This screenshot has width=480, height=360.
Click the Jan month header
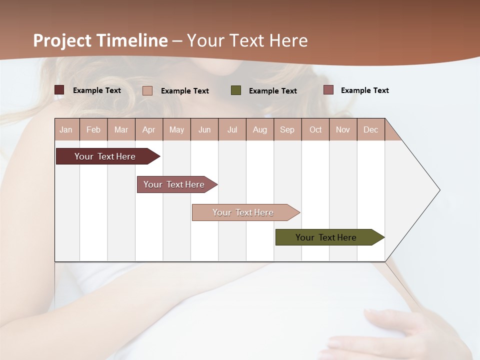66,129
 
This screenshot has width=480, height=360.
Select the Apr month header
148,129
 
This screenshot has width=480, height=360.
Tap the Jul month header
232,129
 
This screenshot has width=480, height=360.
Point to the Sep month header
287,129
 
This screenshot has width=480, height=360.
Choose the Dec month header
370,129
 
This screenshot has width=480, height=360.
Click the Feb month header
93,129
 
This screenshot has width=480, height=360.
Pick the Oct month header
315,129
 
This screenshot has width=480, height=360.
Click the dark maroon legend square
59,90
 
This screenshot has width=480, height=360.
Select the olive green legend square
236,90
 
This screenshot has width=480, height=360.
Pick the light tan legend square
147,90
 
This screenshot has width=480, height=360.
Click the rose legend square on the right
328,90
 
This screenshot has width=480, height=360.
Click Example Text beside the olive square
272,90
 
